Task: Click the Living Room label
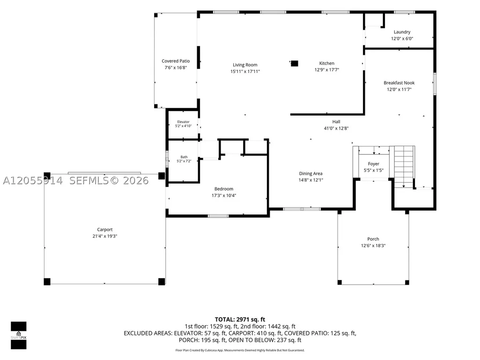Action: pyautogui.click(x=245, y=65)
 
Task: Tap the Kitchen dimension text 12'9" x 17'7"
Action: pyautogui.click(x=326, y=70)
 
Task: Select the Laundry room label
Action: pyautogui.click(x=402, y=32)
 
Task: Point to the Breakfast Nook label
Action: pyautogui.click(x=399, y=83)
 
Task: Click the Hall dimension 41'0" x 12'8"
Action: pyautogui.click(x=336, y=128)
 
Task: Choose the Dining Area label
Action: pyautogui.click(x=311, y=174)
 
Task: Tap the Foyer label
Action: pyautogui.click(x=374, y=164)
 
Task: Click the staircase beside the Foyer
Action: pyautogui.click(x=404, y=167)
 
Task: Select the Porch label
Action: pyautogui.click(x=373, y=239)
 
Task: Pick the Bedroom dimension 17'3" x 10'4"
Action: pyautogui.click(x=224, y=196)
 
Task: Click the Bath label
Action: pyautogui.click(x=184, y=157)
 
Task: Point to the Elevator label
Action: pyautogui.click(x=184, y=122)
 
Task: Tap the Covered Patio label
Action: pyautogui.click(x=176, y=61)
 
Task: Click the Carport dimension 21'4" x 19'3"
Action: pyautogui.click(x=105, y=236)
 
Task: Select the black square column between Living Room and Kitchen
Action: pyautogui.click(x=295, y=63)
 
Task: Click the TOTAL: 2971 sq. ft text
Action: pyautogui.click(x=240, y=320)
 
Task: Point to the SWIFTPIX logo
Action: pyautogui.click(x=19, y=336)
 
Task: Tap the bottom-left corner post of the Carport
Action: pyautogui.click(x=47, y=282)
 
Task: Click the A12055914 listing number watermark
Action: pyautogui.click(x=33, y=181)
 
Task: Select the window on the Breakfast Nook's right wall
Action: pyautogui.click(x=435, y=84)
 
